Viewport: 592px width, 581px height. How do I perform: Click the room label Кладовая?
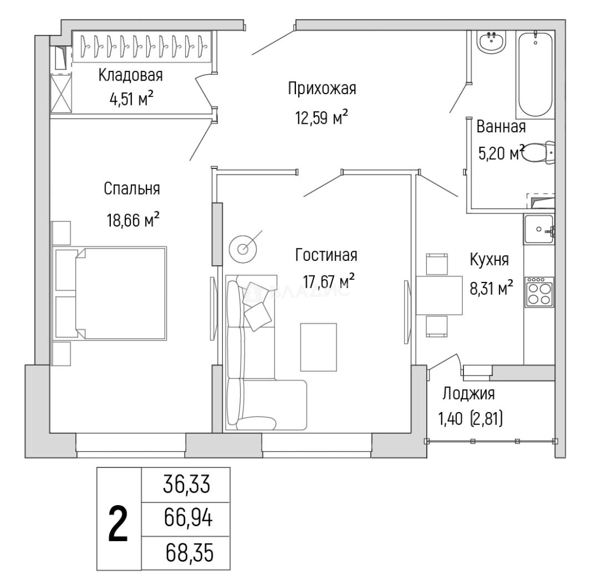coord(130,75)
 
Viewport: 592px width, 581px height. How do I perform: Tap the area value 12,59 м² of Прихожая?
coord(322,117)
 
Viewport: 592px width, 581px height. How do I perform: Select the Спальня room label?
coord(132,189)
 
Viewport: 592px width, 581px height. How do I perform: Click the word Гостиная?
coord(326,255)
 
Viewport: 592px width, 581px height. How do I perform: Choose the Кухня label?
coord(489,260)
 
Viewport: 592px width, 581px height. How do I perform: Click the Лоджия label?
coord(468,394)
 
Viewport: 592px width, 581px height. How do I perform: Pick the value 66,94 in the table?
coord(186,520)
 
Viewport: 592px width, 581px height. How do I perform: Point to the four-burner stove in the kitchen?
coord(539,292)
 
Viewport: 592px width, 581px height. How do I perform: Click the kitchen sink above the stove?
coord(538,229)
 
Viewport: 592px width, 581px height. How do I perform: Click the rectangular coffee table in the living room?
coord(318,346)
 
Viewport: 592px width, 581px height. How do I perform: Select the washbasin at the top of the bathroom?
coord(491,41)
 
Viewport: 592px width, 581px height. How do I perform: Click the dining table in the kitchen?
coord(439,295)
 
